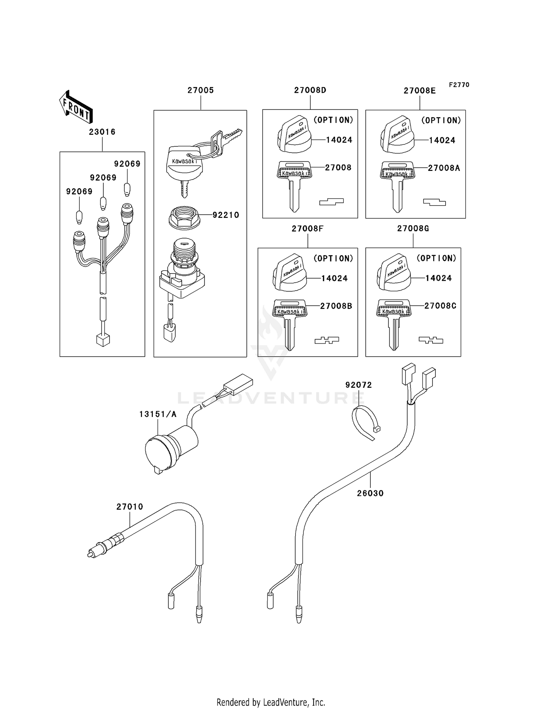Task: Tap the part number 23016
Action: pos(102,132)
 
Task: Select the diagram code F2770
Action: pos(459,85)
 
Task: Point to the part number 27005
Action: pos(201,90)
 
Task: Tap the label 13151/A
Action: pos(158,414)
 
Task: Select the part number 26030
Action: pos(370,493)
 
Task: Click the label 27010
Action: pos(130,507)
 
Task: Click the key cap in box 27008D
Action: pos(294,136)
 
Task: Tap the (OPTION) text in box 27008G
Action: pos(436,258)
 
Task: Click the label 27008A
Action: pos(444,168)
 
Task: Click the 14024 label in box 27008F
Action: pos(334,278)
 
